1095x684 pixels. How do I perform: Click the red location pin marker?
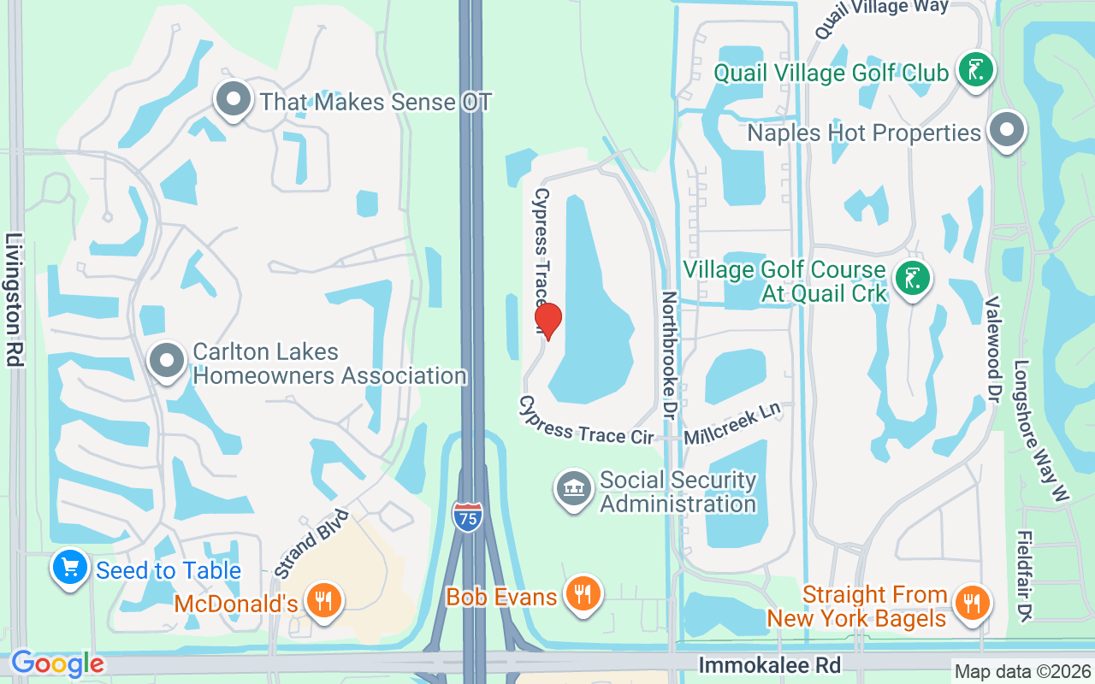[x=547, y=321]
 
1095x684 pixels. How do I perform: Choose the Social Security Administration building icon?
[x=573, y=489]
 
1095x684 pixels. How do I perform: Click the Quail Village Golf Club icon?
[x=975, y=69]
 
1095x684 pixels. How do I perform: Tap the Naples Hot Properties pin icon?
[x=1007, y=132]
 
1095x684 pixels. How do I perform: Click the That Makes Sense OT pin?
[x=233, y=100]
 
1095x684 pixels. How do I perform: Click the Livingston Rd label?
[x=14, y=300]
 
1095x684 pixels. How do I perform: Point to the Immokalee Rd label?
[x=769, y=664]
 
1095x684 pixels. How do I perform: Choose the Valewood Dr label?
[x=993, y=351]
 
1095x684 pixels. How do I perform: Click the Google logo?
[x=57, y=663]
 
